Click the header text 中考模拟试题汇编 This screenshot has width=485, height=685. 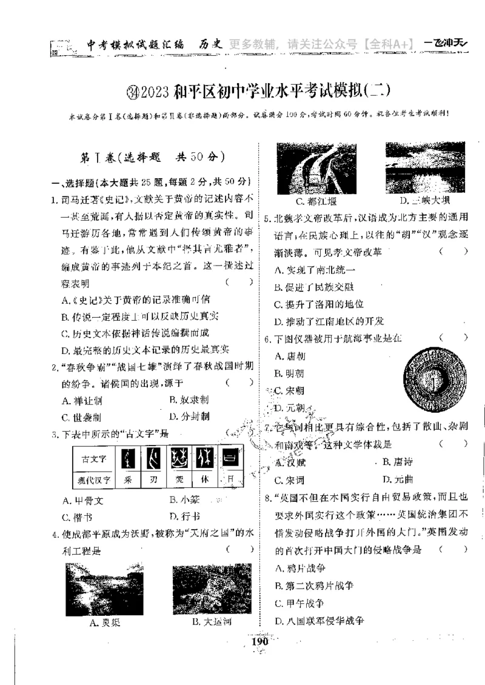pos(131,44)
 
